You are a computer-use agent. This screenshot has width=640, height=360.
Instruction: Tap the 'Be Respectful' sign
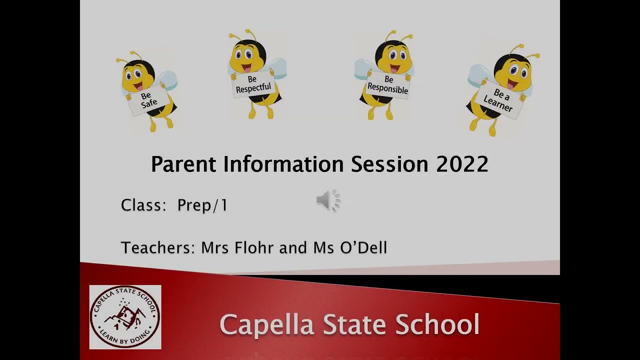(253, 84)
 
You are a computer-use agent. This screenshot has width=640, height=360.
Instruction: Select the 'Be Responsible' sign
(388, 85)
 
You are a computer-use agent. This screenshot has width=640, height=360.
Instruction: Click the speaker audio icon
(328, 201)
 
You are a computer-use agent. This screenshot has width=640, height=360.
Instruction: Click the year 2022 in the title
(462, 164)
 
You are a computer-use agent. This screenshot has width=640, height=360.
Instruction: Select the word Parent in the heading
(183, 164)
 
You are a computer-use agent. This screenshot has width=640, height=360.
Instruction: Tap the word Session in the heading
(389, 164)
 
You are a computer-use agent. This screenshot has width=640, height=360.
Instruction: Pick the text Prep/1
(202, 205)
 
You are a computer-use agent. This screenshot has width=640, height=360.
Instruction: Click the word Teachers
(157, 247)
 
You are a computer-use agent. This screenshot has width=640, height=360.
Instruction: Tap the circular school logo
(125, 317)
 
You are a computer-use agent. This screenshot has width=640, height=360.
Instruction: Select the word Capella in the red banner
(267, 324)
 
